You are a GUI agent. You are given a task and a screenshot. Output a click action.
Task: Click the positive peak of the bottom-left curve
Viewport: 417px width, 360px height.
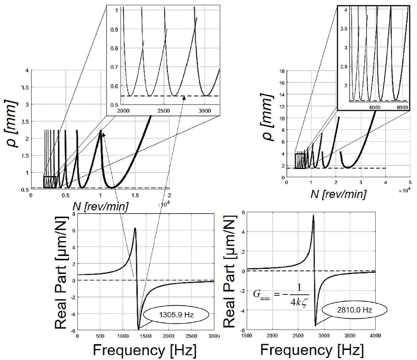[x=135, y=228]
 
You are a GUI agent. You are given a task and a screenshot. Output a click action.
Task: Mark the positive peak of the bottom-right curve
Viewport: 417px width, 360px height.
[x=313, y=215]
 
